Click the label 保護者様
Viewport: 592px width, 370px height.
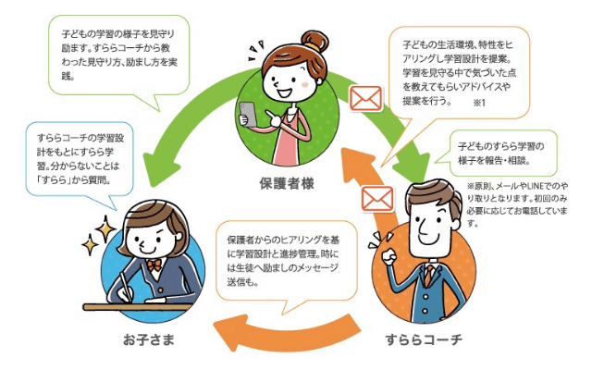click(x=287, y=183)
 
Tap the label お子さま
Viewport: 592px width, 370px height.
click(x=149, y=339)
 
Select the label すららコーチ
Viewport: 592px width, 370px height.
click(x=424, y=339)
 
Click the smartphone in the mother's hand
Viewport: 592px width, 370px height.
click(x=248, y=114)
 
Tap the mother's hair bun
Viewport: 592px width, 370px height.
click(x=314, y=41)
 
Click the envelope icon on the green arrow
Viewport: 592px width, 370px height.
click(x=365, y=98)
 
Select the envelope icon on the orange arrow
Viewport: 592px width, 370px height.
click(x=377, y=199)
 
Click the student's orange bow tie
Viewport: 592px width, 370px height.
click(x=154, y=265)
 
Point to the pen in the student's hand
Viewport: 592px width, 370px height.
click(x=127, y=286)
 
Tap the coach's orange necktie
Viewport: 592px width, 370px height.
click(x=428, y=276)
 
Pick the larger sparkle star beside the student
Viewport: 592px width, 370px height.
click(x=105, y=228)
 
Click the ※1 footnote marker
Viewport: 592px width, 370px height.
click(x=479, y=103)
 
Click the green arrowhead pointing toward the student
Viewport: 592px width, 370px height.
click(x=158, y=168)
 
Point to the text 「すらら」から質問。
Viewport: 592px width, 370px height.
click(x=74, y=180)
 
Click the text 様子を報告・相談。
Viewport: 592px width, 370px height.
click(x=494, y=160)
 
